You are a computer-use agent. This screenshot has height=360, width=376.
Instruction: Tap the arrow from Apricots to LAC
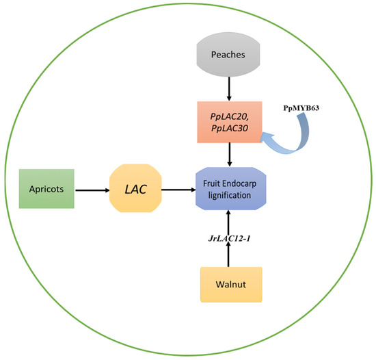click(x=92, y=186)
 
